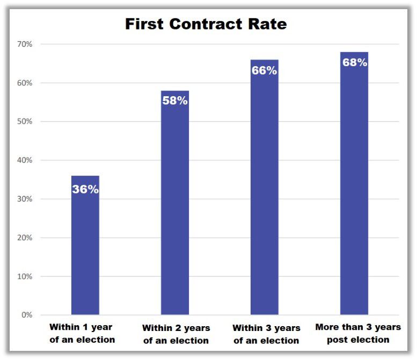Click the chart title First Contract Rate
tap(206, 24)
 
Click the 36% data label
tap(85, 189)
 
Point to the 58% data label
tap(175, 100)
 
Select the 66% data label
tap(264, 70)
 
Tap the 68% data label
tap(354, 62)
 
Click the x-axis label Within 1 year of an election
tap(82, 333)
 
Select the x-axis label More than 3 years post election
tap(357, 333)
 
